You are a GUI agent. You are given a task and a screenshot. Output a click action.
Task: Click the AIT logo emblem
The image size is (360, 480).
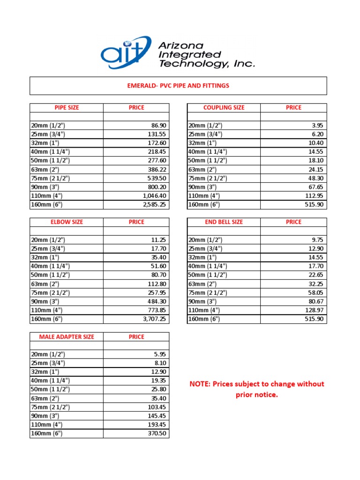(x=126, y=52)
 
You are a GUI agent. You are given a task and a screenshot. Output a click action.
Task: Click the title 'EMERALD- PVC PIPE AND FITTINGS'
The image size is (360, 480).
(x=178, y=86)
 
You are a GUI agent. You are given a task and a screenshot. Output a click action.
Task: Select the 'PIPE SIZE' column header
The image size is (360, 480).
(x=67, y=107)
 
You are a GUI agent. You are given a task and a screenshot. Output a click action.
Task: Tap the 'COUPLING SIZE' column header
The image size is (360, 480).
(x=224, y=107)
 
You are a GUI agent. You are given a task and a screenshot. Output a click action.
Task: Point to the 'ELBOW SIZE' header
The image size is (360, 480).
(x=67, y=222)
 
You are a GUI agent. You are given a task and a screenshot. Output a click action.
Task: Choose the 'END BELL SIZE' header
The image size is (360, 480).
(x=224, y=222)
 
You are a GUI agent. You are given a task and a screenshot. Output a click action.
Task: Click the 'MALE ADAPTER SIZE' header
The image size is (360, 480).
(x=67, y=337)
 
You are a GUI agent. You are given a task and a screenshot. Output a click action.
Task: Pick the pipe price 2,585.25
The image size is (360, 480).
(x=151, y=204)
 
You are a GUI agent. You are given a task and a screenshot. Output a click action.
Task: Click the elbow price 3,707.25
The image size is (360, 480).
(x=151, y=319)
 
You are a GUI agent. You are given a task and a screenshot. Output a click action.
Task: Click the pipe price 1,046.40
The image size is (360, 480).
(x=151, y=195)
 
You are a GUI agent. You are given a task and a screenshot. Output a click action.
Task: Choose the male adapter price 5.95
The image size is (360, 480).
(x=160, y=354)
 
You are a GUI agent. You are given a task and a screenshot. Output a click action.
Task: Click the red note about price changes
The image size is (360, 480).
(x=256, y=389)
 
